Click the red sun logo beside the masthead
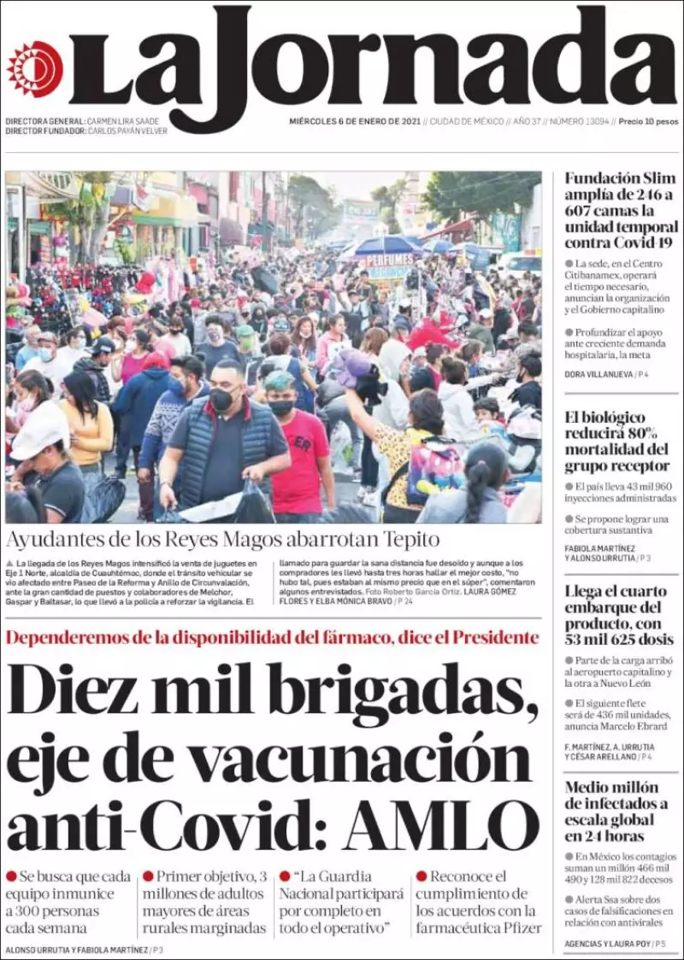pyautogui.click(x=35, y=69)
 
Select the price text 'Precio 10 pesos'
pyautogui.click(x=648, y=121)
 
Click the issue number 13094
pyautogui.click(x=592, y=121)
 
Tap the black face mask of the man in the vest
pyautogui.click(x=221, y=399)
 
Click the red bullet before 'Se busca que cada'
pyautogui.click(x=11, y=876)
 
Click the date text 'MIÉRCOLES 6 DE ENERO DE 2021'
pyautogui.click(x=354, y=121)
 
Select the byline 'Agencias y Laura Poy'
pyautogui.click(x=606, y=944)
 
